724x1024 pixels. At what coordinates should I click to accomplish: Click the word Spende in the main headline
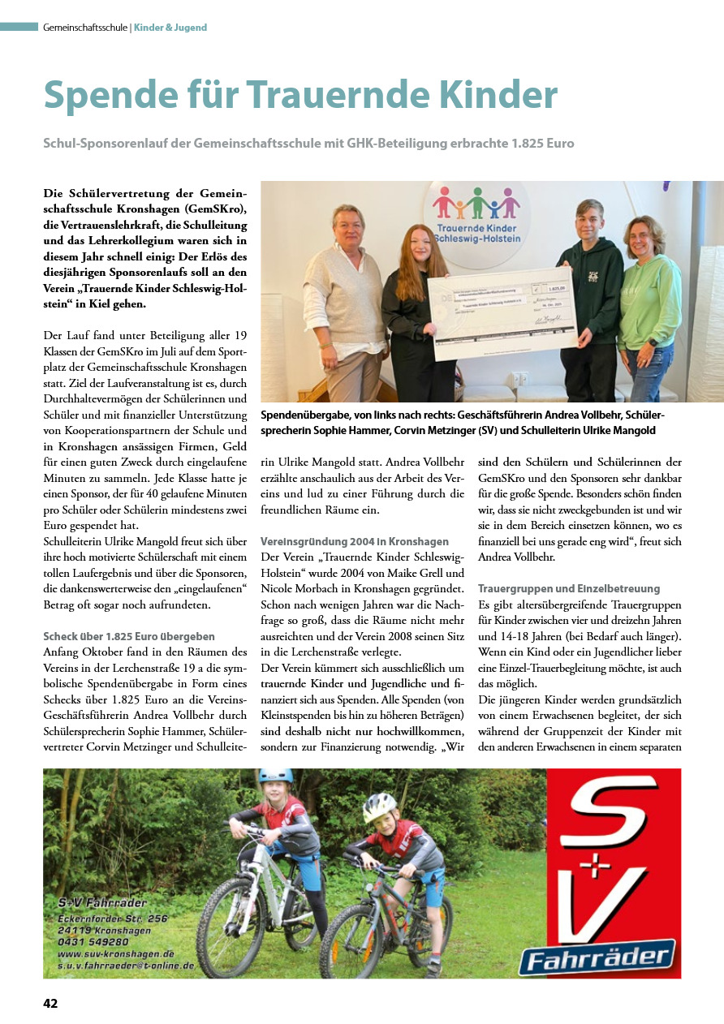(x=113, y=96)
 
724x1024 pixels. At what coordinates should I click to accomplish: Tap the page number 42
(x=50, y=1003)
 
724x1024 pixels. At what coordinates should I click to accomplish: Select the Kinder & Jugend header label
(x=170, y=28)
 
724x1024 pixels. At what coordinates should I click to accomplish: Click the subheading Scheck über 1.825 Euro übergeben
(x=129, y=637)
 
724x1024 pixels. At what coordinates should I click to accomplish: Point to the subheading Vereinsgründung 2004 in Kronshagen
(x=354, y=541)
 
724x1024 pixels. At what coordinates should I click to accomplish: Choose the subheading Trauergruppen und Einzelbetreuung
(x=569, y=588)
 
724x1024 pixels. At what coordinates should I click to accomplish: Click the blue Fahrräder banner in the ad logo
(x=598, y=956)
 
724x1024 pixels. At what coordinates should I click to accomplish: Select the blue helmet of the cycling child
(x=275, y=777)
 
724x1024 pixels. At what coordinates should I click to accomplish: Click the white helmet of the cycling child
(x=379, y=807)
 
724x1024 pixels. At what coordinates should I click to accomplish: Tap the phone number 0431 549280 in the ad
(x=93, y=941)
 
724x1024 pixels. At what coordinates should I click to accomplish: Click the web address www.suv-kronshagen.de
(x=116, y=953)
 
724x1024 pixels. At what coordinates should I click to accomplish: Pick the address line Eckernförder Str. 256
(x=113, y=918)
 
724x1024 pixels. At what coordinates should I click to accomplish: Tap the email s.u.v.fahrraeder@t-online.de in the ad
(x=127, y=966)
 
